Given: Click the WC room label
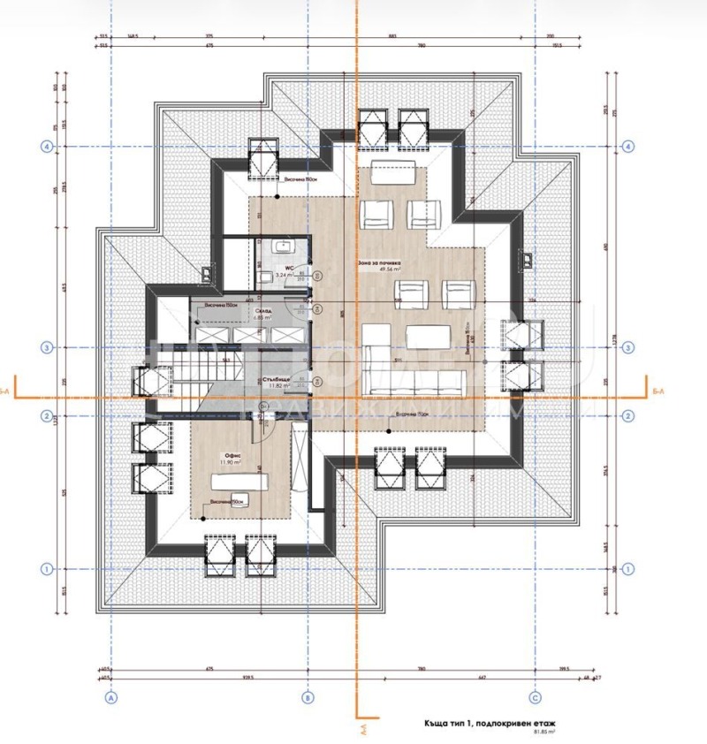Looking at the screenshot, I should coord(287,267).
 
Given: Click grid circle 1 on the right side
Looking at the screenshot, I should coord(628,569).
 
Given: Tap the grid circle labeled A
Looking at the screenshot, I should coord(111,697).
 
